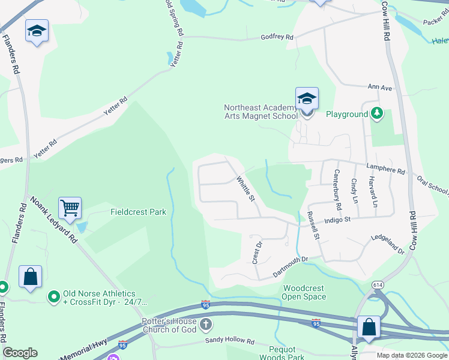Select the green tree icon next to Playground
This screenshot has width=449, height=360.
(376, 113)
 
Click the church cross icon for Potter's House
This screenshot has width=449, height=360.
(205, 326)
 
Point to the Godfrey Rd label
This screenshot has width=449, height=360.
(277, 37)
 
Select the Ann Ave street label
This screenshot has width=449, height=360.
(379, 88)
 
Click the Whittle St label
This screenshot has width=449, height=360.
(246, 188)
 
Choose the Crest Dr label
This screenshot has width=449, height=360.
(258, 253)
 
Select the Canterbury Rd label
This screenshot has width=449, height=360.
(337, 190)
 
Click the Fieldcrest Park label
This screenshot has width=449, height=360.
(138, 212)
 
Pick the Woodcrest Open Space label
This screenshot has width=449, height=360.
(304, 292)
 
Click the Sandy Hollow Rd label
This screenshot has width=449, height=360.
(230, 341)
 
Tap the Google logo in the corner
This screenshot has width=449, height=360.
(20, 353)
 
